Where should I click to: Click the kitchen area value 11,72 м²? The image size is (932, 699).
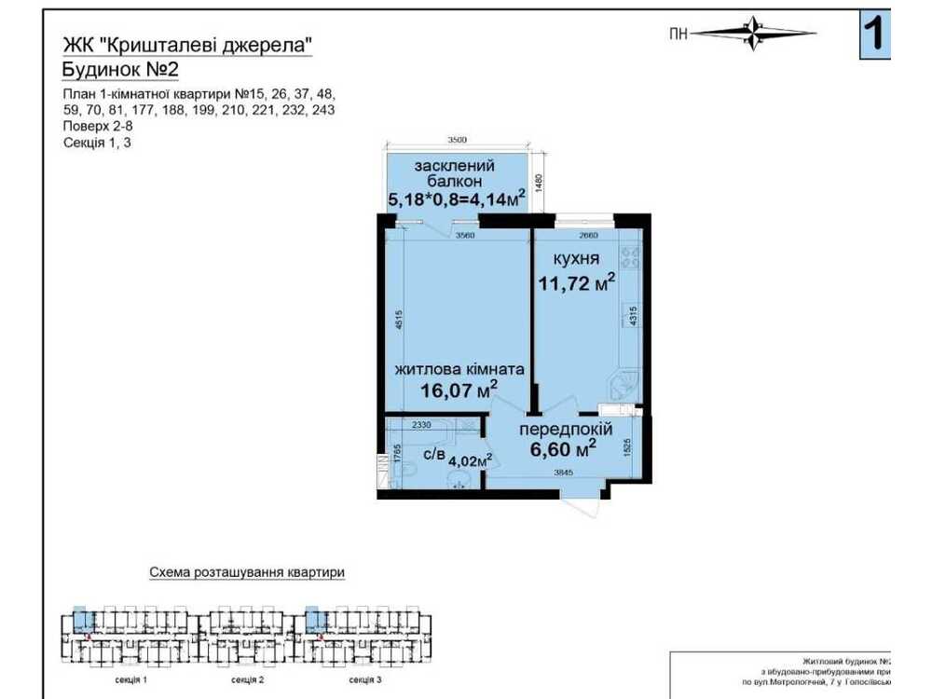575,283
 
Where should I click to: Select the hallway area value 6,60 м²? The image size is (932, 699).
563,450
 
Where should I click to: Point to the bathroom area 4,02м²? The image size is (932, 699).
471,459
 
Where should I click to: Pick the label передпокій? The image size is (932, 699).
565,430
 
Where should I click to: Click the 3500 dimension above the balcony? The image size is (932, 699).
456,141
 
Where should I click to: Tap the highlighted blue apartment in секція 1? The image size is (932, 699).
81,618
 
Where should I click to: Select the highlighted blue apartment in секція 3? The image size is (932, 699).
315,618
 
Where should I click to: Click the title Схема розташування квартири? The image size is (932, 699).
246,572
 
